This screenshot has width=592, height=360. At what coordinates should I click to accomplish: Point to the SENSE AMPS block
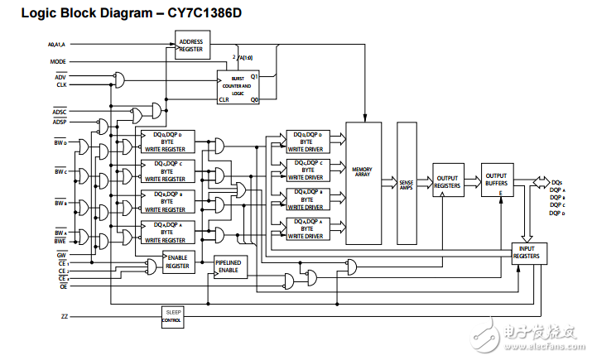407,183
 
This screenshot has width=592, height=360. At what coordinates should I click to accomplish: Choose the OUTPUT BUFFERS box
496,180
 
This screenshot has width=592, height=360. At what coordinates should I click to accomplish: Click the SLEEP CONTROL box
174,316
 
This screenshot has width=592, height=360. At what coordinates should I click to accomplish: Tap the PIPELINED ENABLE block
229,266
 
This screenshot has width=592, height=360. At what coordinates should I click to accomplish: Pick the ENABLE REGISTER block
178,262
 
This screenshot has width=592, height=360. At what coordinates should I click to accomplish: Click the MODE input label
57,62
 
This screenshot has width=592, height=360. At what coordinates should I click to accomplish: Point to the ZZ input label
65,316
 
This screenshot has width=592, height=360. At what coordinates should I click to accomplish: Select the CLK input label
60,84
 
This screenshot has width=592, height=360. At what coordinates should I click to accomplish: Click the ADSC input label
60,111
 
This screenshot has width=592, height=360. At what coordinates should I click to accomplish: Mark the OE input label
63,287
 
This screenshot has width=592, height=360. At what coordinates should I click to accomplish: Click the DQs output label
556,182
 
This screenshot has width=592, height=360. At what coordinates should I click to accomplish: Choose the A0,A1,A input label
57,43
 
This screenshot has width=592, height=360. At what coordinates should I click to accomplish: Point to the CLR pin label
224,99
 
